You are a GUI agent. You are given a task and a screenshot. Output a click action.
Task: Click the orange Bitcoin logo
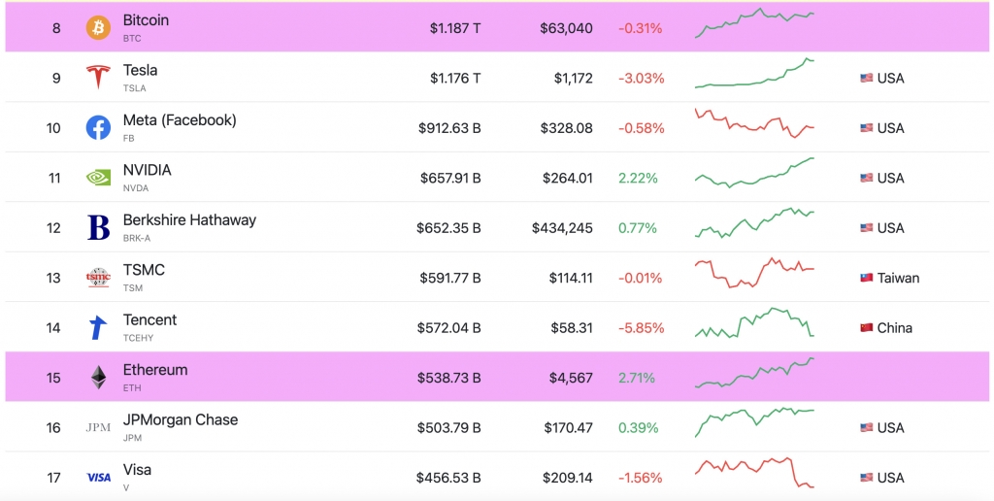(98, 28)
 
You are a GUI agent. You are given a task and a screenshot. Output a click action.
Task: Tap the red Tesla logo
(98, 78)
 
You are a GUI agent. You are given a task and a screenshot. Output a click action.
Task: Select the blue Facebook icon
(98, 127)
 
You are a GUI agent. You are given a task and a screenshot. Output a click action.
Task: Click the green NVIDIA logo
(98, 178)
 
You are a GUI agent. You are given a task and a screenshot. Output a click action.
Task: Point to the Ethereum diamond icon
(98, 378)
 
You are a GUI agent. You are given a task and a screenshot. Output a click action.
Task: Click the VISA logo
(98, 478)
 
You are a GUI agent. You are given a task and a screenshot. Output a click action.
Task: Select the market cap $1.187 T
(455, 28)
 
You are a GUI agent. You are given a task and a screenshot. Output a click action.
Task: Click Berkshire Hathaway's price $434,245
(562, 227)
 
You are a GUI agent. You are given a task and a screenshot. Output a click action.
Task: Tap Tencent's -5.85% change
(642, 328)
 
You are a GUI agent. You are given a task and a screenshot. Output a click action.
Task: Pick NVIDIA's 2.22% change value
(639, 178)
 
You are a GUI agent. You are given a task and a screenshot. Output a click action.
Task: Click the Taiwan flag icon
(867, 278)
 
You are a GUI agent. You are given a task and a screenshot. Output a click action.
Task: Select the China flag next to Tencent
(867, 328)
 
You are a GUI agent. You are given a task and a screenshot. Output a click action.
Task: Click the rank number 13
(54, 278)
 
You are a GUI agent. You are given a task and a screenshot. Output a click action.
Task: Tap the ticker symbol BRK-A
(137, 239)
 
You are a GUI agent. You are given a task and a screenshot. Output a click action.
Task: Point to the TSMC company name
(144, 270)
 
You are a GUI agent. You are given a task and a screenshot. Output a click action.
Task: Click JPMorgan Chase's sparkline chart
(754, 421)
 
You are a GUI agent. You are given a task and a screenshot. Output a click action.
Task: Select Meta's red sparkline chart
(754, 123)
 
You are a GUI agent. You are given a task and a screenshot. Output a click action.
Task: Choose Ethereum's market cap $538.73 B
(448, 378)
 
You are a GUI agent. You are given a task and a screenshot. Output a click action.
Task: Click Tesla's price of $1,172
(573, 78)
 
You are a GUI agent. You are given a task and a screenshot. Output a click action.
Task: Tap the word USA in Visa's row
(891, 478)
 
